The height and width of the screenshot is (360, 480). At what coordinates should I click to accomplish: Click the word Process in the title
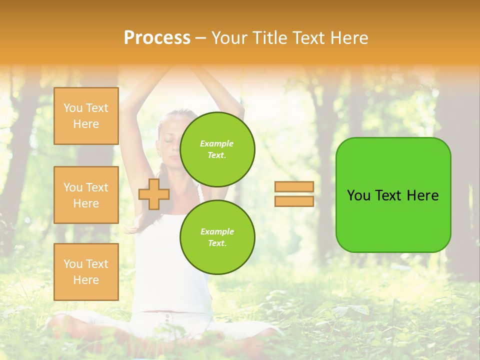(x=157, y=38)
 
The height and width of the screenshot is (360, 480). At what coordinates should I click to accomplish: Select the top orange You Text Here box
(x=86, y=116)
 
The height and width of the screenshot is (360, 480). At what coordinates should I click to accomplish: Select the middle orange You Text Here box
(x=86, y=195)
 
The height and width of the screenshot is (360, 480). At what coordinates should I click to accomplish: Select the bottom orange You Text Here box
(x=86, y=272)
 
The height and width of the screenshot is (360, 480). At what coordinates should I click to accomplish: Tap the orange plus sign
(x=154, y=193)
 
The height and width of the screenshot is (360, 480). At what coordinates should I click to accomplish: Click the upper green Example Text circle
(x=217, y=149)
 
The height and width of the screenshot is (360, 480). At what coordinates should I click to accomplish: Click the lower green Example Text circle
(x=217, y=237)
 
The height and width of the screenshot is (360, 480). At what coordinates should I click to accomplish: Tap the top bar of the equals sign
(x=294, y=186)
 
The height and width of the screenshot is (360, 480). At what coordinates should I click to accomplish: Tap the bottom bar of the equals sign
(x=294, y=201)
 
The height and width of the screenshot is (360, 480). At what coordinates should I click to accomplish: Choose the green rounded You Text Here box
(x=393, y=195)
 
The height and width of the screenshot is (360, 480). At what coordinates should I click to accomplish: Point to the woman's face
(x=169, y=145)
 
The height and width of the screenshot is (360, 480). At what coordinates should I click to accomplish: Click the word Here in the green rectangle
(x=422, y=195)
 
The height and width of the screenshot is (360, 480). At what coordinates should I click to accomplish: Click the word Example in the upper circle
(x=217, y=143)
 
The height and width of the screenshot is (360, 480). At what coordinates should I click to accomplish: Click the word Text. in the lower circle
(x=217, y=243)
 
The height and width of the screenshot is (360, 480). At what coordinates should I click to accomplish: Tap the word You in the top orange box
(x=72, y=108)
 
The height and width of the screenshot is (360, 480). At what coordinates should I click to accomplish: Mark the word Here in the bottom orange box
(x=86, y=280)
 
